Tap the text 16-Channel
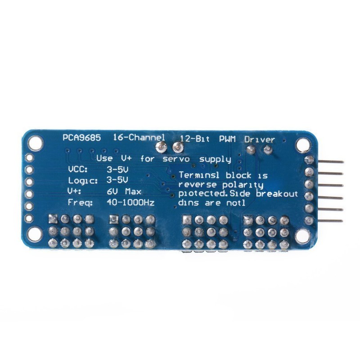pyautogui.click(x=134, y=137)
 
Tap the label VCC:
pyautogui.click(x=78, y=170)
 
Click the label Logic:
pyautogui.click(x=82, y=181)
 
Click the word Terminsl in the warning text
pyautogui.click(x=197, y=175)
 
